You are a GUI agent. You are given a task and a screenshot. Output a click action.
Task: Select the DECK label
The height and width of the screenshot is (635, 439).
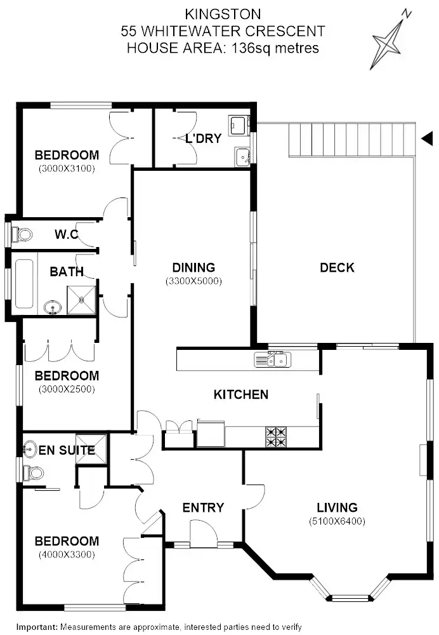pyautogui.click(x=337, y=267)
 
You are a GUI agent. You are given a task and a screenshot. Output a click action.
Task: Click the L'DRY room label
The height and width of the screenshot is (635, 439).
pyautogui.click(x=203, y=138)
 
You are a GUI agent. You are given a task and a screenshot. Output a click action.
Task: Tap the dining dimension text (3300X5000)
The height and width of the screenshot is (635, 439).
pyautogui.click(x=193, y=281)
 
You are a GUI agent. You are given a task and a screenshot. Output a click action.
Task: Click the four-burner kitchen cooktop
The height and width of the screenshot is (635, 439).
pyautogui.click(x=275, y=436)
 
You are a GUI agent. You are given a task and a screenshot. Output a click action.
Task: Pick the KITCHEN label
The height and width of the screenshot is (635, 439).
pyautogui.click(x=240, y=394)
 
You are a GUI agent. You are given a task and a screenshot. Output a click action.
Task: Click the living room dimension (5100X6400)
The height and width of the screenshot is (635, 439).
pyautogui.click(x=337, y=521)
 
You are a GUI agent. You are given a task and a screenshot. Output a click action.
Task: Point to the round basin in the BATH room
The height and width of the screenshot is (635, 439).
pyautogui.click(x=52, y=309)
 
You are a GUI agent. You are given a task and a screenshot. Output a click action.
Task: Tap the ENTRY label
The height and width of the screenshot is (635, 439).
pyautogui.click(x=203, y=507)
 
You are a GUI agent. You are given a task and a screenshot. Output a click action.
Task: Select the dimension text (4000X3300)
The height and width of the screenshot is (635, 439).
pyautogui.click(x=67, y=554)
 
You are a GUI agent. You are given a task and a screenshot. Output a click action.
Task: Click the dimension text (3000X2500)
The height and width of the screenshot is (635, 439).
pyautogui.click(x=67, y=389)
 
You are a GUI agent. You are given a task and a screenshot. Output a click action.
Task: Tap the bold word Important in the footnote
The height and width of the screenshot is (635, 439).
pyautogui.click(x=37, y=627)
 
